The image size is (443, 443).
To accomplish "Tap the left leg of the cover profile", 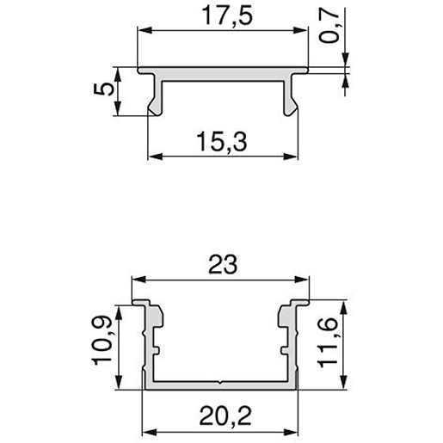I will pyautogui.click(x=154, y=97).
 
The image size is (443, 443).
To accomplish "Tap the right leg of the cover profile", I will pyautogui.click(x=290, y=97).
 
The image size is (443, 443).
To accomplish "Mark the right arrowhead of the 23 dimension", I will pyautogui.click(x=305, y=280).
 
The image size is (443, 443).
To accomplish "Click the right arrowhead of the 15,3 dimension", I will pyautogui.click(x=292, y=157).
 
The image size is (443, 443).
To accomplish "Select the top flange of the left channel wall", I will pyautogui.click(x=145, y=305).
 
